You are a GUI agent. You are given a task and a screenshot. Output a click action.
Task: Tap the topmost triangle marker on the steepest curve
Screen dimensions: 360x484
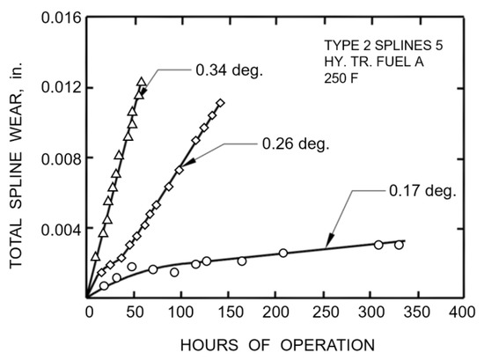(x=142, y=82)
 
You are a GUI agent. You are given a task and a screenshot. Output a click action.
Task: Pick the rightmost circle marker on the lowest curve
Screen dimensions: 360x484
(x=399, y=245)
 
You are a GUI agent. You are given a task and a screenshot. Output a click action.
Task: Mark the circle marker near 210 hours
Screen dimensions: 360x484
(x=283, y=253)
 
